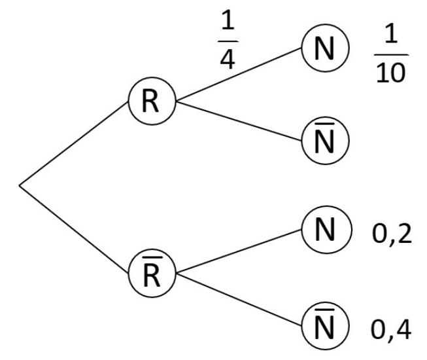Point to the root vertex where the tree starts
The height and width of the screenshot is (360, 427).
(20, 186)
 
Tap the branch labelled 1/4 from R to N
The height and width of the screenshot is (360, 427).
(239, 76)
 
